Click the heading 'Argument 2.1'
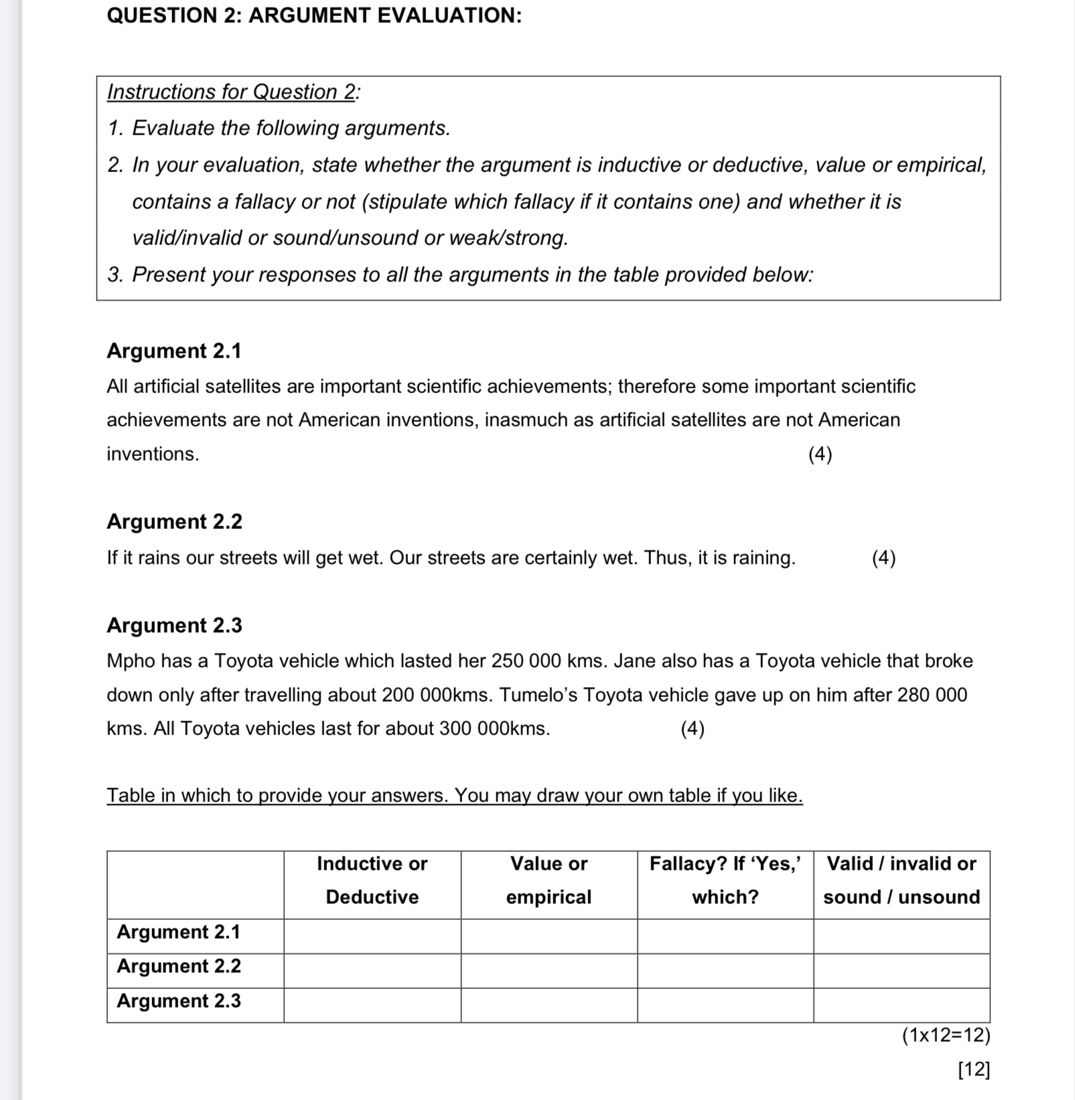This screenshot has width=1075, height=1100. click(x=173, y=351)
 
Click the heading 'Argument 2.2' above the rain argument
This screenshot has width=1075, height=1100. click(x=174, y=522)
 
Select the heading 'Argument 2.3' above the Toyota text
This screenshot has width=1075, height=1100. click(x=174, y=625)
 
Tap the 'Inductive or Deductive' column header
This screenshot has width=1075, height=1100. click(x=372, y=880)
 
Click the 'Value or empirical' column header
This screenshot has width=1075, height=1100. click(x=549, y=880)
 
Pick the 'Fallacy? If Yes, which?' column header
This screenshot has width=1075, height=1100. click(x=725, y=880)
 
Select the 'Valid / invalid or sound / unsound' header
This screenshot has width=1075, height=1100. click(x=901, y=880)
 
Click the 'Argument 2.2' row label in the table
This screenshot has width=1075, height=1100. click(x=179, y=966)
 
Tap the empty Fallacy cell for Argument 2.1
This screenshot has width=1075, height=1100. click(x=725, y=936)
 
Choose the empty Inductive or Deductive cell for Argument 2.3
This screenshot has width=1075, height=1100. click(x=372, y=1005)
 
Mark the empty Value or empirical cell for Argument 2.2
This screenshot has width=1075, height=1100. click(x=549, y=970)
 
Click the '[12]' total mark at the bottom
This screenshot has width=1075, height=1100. click(x=973, y=1069)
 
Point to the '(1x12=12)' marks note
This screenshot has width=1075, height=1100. click(x=945, y=1036)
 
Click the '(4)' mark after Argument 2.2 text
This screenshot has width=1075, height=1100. click(x=883, y=558)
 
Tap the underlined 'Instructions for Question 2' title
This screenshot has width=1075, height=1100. click(x=231, y=92)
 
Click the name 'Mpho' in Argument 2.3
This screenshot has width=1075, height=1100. click(x=131, y=661)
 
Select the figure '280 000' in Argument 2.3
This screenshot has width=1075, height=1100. click(x=932, y=695)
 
